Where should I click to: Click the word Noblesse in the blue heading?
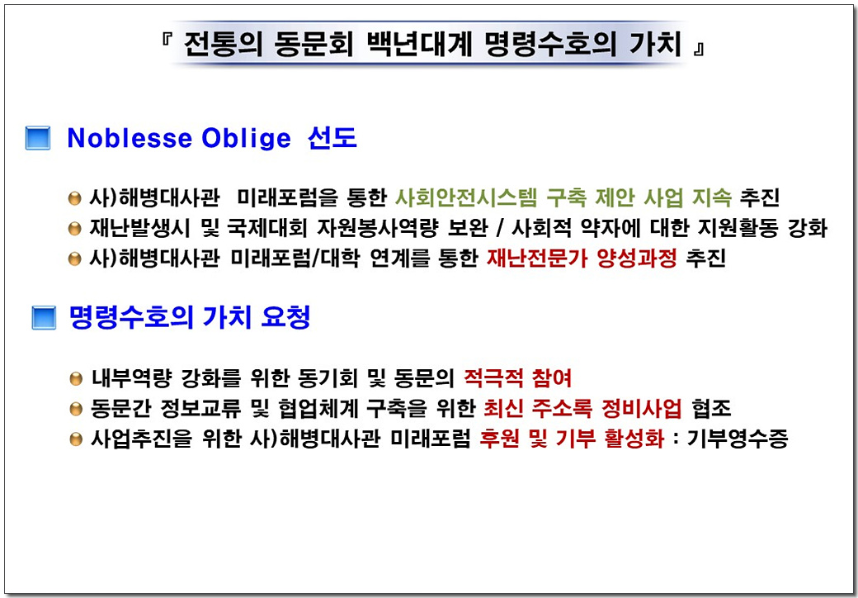[x=130, y=138]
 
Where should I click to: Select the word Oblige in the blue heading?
[x=246, y=139]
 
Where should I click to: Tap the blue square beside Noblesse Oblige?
[x=38, y=138]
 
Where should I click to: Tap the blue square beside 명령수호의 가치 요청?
[x=44, y=318]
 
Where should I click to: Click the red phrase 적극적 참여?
[x=517, y=377]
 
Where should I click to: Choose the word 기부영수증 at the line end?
[x=737, y=439]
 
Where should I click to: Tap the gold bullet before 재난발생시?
[x=75, y=229]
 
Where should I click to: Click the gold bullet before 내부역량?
[x=76, y=379]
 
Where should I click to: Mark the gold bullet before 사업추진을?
[x=76, y=439]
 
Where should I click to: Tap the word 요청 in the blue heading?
[x=285, y=318]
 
